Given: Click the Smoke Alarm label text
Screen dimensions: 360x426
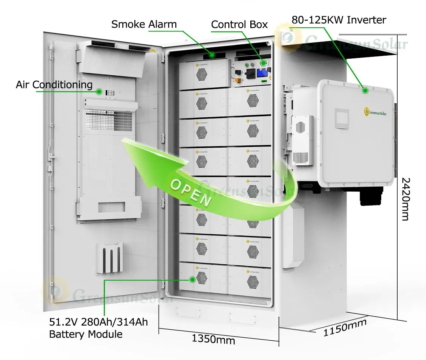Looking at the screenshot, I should point(144,25).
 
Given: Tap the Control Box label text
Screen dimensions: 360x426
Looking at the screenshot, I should point(239,25).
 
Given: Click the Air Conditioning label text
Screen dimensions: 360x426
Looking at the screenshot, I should point(54,84).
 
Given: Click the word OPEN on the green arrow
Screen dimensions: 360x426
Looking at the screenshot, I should point(190,192).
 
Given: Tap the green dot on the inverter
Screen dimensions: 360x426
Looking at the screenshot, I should point(365,90).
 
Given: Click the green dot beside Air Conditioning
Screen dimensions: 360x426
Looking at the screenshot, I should point(99,91).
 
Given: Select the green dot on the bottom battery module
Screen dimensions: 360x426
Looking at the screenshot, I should point(192,280).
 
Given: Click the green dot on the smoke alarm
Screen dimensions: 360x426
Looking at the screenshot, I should point(212,55).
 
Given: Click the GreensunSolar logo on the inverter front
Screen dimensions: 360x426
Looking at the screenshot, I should point(377,112).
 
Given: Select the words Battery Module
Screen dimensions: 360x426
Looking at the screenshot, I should point(86,334).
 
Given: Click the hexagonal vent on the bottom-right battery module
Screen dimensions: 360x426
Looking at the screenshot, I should point(253,281).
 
